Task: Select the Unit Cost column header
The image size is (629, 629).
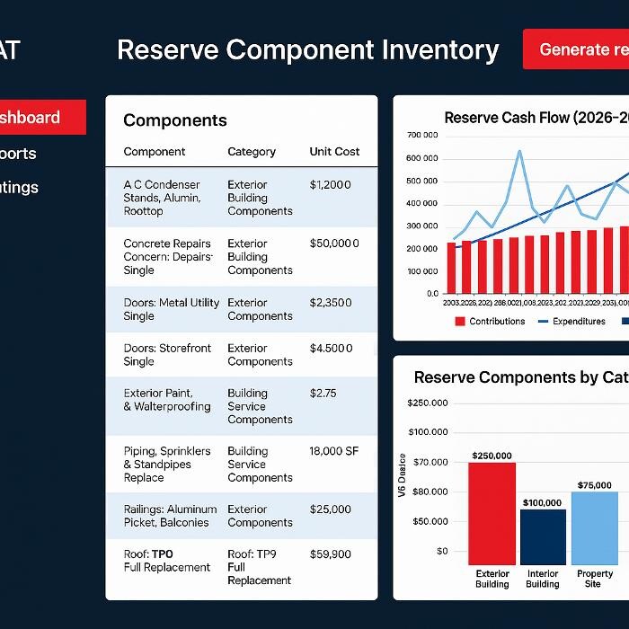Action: tap(334, 152)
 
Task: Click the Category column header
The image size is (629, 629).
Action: tap(252, 152)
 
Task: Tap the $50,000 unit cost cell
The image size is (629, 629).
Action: tap(334, 244)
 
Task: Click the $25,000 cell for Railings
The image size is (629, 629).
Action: tap(331, 509)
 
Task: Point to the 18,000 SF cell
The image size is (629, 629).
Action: tap(334, 451)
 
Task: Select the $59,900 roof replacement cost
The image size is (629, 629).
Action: tap(331, 554)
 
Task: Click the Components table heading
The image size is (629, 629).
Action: tap(175, 120)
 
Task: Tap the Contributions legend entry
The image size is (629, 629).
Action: tap(490, 321)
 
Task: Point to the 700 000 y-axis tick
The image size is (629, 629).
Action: tap(422, 136)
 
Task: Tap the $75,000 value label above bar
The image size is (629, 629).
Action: tap(594, 485)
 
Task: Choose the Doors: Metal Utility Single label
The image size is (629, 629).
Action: tap(171, 309)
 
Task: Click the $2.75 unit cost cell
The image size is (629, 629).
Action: tap(323, 393)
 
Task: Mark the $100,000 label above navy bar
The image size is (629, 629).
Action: tap(542, 502)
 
